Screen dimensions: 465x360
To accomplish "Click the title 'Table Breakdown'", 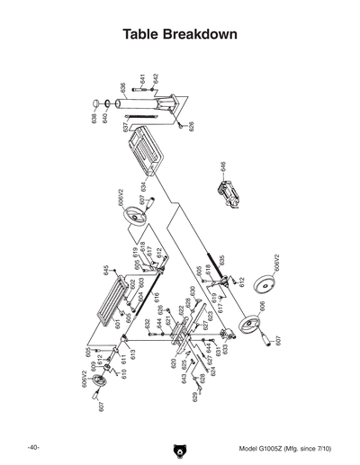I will coord(180,35).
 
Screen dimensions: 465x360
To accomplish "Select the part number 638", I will coord(94,120).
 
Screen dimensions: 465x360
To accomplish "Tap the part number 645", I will coord(106,270).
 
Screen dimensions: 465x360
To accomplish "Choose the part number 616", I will coord(157,297).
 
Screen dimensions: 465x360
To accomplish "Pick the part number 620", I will coord(173,364).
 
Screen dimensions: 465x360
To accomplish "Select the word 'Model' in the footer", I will coord(249,448).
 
